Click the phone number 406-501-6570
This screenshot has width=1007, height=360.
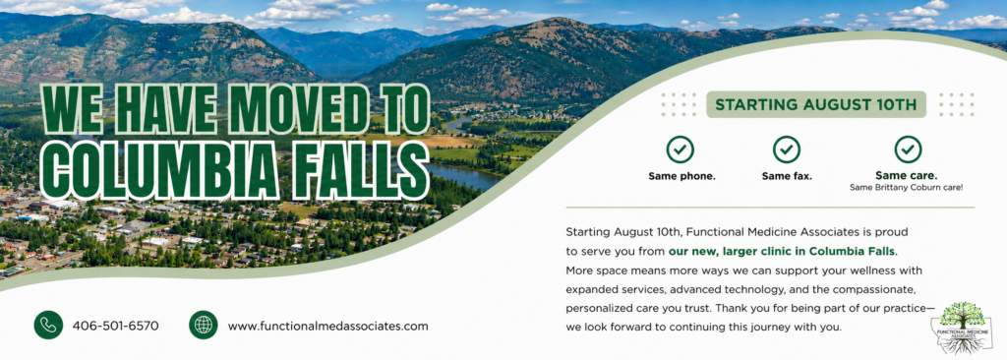point(116,326)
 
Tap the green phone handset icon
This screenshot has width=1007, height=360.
point(48,325)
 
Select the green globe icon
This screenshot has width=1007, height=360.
point(203,325)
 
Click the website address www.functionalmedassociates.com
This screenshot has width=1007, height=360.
point(327,326)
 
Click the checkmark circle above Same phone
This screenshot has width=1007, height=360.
point(681,150)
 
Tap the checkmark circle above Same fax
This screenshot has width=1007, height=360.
point(787,150)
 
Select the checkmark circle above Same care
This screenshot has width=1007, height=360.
point(908,150)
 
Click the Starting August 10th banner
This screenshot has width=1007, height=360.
point(815,104)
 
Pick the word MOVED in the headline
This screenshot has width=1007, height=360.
point(298,110)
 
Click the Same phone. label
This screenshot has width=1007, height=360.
point(681,176)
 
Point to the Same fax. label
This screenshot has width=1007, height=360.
point(787,176)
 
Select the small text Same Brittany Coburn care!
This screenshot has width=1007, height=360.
point(906,188)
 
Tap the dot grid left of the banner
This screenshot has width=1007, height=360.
point(679,104)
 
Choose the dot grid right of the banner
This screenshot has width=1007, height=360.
point(956,104)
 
